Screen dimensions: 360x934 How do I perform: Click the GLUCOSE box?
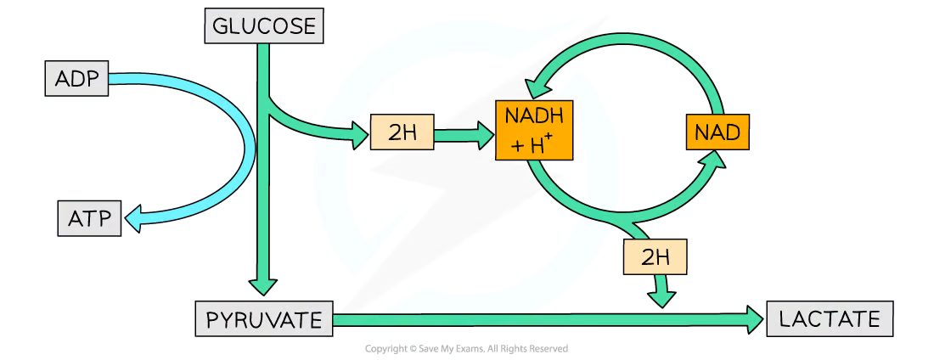click(x=265, y=26)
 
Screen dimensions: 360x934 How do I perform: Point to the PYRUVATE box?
click(x=264, y=320)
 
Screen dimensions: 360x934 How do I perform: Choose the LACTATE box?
click(x=830, y=320)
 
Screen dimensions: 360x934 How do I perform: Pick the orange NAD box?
click(x=717, y=132)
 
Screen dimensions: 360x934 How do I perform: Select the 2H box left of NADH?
click(x=402, y=132)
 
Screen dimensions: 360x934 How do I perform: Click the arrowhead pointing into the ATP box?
click(x=134, y=219)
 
